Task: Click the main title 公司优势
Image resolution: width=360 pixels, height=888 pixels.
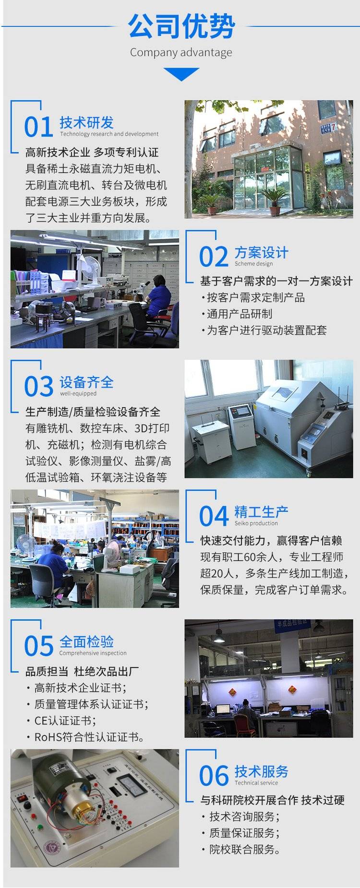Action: pos(181,26)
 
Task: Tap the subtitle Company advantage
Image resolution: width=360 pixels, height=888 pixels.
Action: pos(181,52)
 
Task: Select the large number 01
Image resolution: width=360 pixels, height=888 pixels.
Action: pos(38,127)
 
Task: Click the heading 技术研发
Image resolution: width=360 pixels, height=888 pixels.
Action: pos(86,122)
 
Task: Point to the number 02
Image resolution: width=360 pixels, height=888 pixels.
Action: pos(214,257)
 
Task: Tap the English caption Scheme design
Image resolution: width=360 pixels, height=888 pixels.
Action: pos(253,264)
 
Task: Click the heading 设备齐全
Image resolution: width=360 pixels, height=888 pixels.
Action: pos(86,382)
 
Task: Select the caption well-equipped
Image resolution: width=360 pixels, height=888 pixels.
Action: pos(78,393)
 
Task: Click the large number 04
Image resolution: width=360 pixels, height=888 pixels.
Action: pos(214,516)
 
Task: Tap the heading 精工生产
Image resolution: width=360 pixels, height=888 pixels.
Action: pos(261,512)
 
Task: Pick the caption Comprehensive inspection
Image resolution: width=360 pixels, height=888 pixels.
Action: pos(93,653)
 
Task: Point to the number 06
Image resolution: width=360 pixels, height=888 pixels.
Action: pos(214,776)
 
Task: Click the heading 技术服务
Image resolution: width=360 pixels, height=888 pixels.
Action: pos(261,771)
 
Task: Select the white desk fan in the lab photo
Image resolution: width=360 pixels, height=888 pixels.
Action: pos(89,268)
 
